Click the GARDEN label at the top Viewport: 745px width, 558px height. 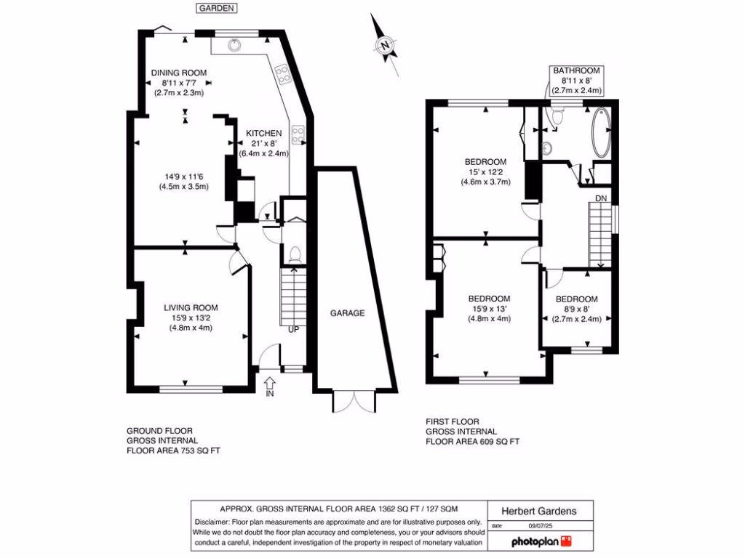click(217, 8)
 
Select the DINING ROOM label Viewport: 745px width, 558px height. click(179, 73)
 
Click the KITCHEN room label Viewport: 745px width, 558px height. click(263, 134)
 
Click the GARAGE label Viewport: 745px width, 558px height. click(348, 313)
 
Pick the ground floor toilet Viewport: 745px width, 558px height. click(295, 254)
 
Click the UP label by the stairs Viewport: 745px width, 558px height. click(294, 329)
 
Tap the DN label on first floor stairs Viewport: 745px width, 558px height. click(601, 198)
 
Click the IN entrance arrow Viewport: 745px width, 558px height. click(268, 386)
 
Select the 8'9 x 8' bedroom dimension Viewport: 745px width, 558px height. click(576, 309)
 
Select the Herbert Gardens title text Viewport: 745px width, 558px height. click(541, 511)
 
